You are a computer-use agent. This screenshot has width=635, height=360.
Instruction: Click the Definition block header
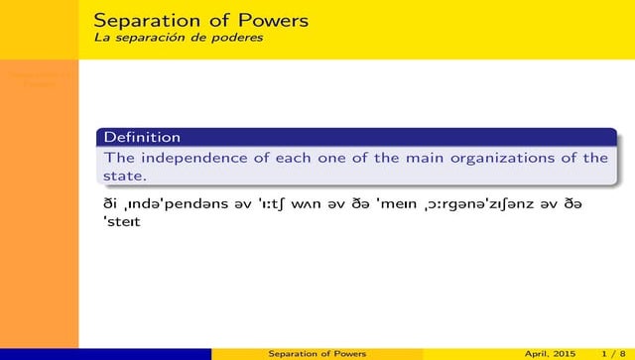[x=142, y=137]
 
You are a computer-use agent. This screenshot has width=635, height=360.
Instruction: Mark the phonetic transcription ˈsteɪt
[x=122, y=222]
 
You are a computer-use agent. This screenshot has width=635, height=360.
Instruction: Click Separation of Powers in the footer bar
[x=317, y=353]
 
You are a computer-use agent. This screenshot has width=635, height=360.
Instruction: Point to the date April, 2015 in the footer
[x=549, y=353]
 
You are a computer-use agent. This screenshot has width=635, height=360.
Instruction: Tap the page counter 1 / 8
[x=601, y=353]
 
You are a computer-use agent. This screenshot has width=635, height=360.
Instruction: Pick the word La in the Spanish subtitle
[x=100, y=38]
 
